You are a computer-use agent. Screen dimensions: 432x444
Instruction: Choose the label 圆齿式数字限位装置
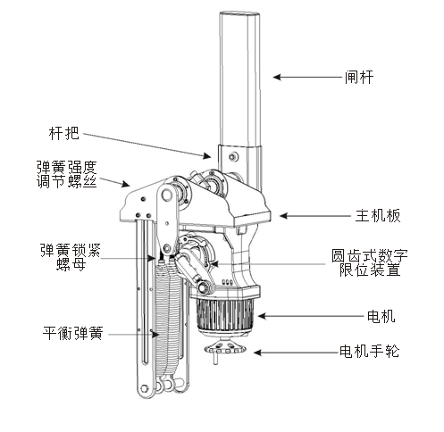(369, 262)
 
